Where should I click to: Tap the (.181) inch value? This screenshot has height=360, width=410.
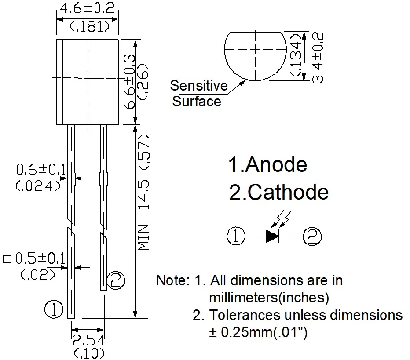click(x=89, y=27)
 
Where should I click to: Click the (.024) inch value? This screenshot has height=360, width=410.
click(x=39, y=186)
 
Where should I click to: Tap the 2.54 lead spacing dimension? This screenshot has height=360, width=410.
click(x=88, y=340)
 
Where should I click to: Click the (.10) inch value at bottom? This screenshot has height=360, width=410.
click(x=89, y=353)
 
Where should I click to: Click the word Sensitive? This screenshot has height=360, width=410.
click(x=199, y=85)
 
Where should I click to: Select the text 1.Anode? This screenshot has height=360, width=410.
click(x=267, y=164)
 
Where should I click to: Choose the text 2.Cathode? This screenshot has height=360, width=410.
click(x=279, y=192)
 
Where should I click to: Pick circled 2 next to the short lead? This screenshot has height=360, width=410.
click(x=116, y=280)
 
